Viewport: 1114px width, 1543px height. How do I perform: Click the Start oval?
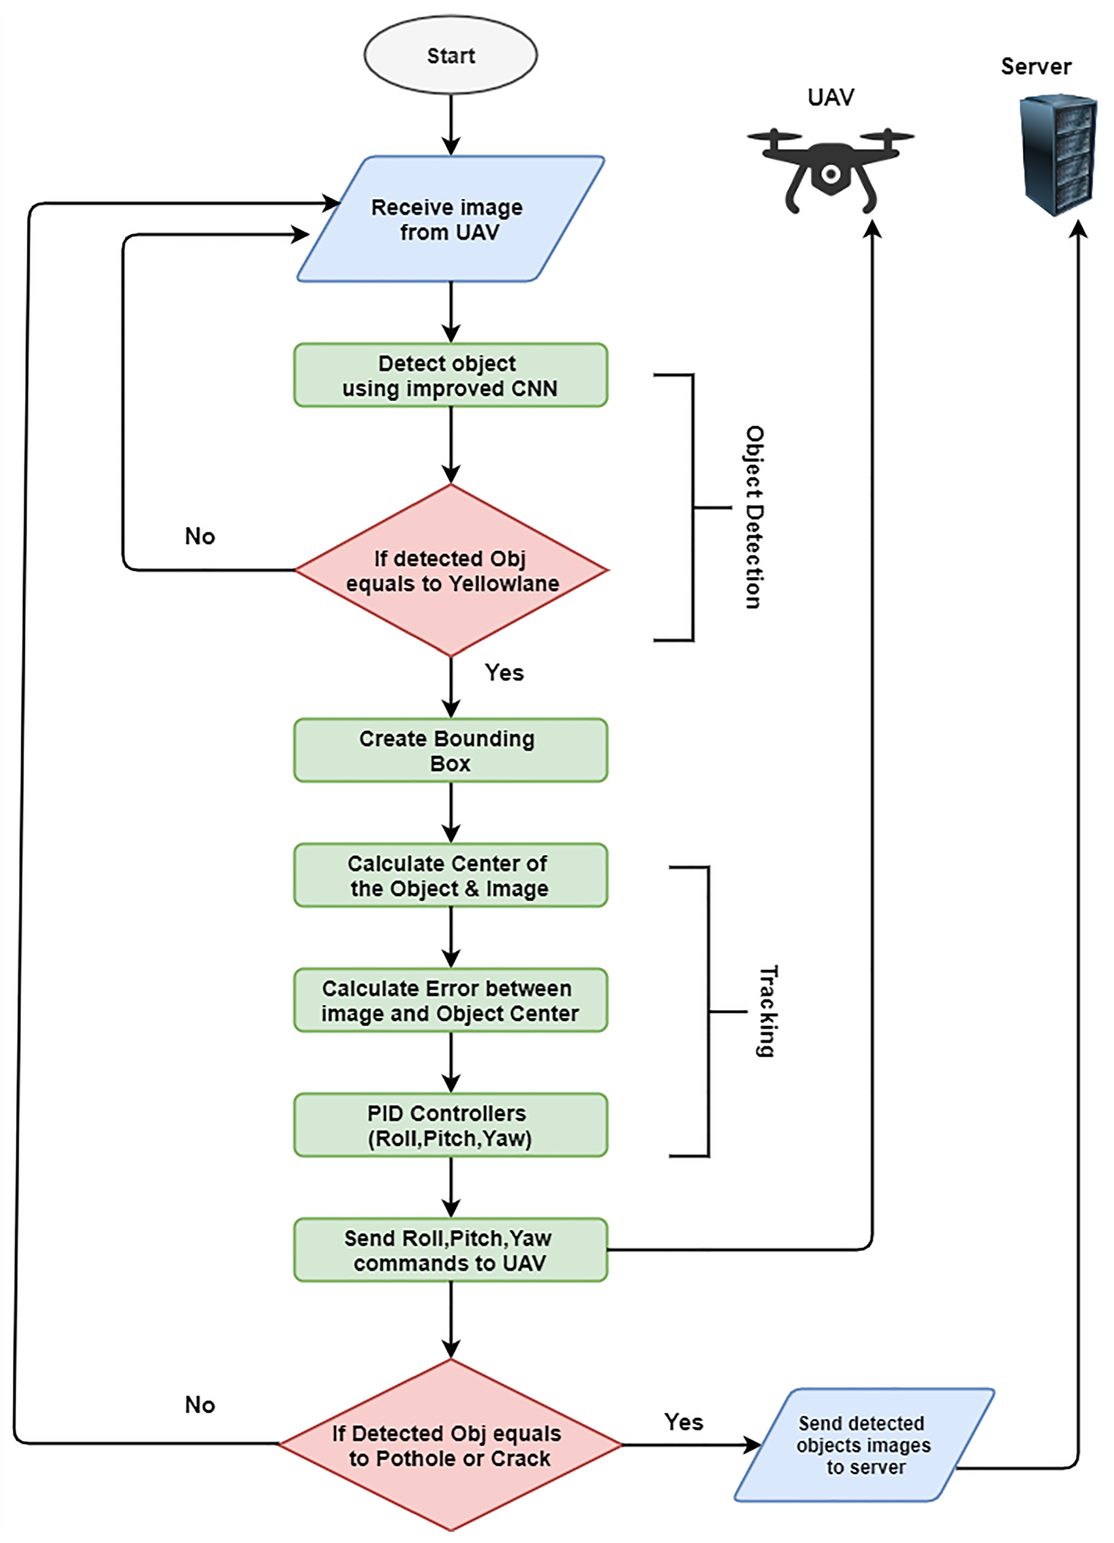coord(450,55)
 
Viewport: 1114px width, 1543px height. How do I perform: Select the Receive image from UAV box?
coord(450,218)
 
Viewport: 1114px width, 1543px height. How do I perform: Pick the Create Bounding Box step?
coord(450,750)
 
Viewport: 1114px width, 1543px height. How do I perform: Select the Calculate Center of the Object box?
coord(450,875)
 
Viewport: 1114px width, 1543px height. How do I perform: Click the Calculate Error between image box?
coord(450,1000)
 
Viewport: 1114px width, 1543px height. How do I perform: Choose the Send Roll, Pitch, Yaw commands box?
coord(450,1250)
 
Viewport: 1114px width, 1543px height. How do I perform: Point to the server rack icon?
coord(1058,155)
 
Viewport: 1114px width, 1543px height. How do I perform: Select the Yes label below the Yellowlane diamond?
coord(504,673)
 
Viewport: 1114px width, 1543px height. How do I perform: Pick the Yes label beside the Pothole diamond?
coord(684,1422)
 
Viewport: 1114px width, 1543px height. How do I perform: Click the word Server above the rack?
coord(1036,67)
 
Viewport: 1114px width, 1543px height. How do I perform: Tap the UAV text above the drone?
coord(830,97)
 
